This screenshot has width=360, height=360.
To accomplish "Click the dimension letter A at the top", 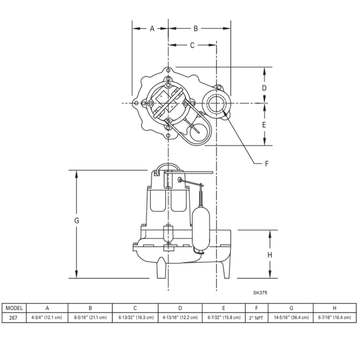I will [x=152, y=29].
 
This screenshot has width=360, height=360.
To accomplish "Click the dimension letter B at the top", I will [x=195, y=29].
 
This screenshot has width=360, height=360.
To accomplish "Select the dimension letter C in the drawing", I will [x=192, y=45].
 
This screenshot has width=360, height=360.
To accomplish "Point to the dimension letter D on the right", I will [x=264, y=88].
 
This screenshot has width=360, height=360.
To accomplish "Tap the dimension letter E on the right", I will [x=264, y=124].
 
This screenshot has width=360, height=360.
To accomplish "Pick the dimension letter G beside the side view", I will [x=76, y=220].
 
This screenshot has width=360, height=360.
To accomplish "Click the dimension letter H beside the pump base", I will [x=269, y=255].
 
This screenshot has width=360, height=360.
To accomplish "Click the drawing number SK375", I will [x=260, y=293].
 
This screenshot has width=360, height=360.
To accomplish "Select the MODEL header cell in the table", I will [x=14, y=308].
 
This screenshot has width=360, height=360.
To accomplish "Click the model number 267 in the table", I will [x=14, y=318].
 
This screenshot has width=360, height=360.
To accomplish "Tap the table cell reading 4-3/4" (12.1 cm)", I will [x=47, y=318].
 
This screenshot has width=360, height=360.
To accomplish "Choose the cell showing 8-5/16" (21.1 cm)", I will [x=91, y=318].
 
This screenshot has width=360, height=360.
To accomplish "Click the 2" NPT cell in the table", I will [x=256, y=318].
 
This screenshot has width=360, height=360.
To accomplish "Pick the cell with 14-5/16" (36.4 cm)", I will [x=291, y=318].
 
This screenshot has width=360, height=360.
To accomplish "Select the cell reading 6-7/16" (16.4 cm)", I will [x=334, y=318].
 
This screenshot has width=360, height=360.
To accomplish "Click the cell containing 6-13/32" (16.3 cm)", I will [x=135, y=318].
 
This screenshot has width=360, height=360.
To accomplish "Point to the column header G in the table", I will [x=291, y=308].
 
